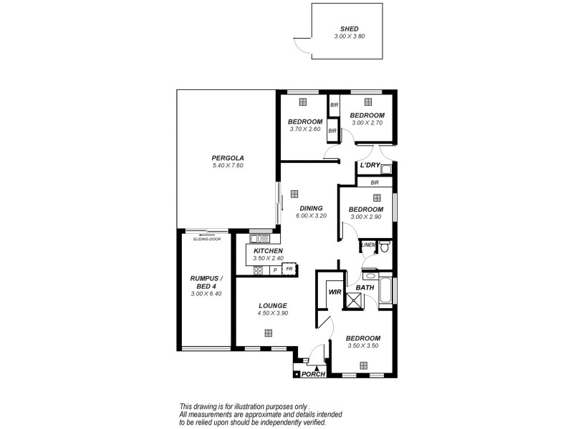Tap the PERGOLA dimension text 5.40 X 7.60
[x=228, y=166]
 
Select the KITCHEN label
[x=268, y=251]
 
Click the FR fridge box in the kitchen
[x=289, y=270]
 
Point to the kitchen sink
[x=256, y=239]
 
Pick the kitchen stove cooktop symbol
[x=258, y=270]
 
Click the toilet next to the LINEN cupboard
[x=385, y=247]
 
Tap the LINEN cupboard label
[x=367, y=245]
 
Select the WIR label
[x=334, y=292]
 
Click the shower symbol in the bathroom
[x=353, y=300]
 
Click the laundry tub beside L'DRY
[x=386, y=169]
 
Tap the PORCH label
[x=313, y=375]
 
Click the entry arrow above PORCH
[x=317, y=368]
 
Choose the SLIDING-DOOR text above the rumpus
[x=206, y=239]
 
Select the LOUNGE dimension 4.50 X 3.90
[x=273, y=312]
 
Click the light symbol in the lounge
[x=268, y=332]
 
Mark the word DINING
[x=311, y=208]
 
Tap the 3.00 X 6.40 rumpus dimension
[x=206, y=294]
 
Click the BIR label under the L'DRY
[x=374, y=182]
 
